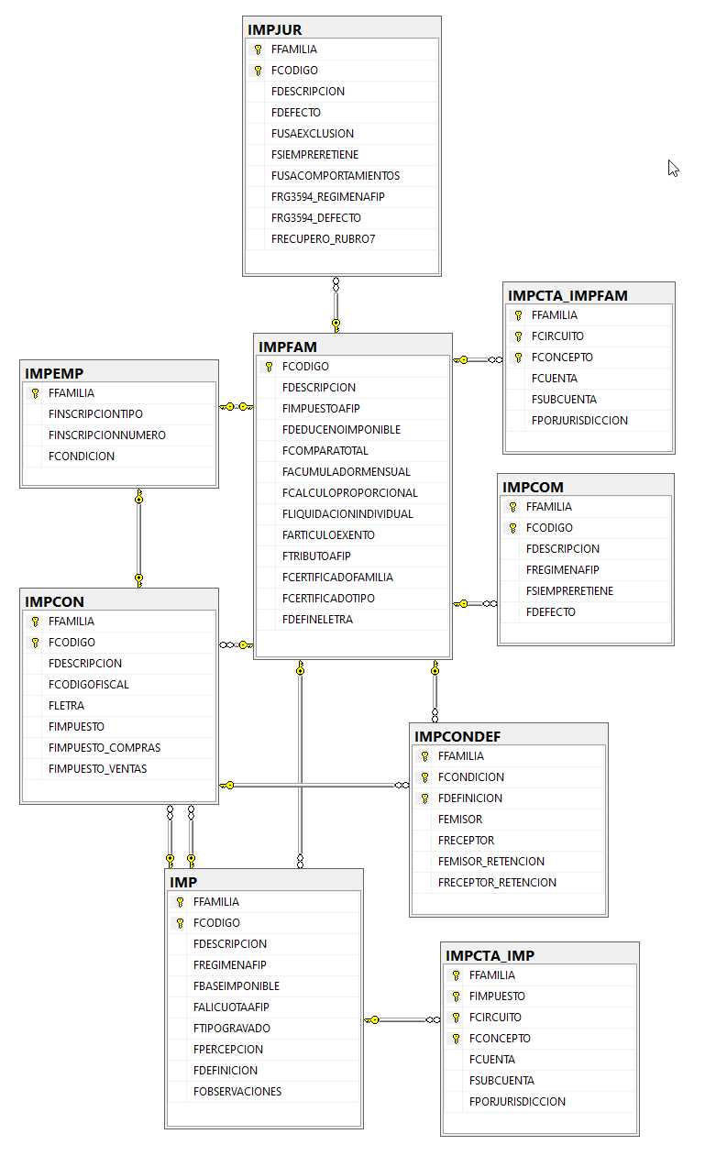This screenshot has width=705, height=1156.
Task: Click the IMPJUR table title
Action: [x=274, y=30]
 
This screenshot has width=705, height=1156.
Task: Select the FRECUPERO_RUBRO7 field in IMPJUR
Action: [x=323, y=239]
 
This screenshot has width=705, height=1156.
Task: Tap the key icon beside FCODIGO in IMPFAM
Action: [x=269, y=367]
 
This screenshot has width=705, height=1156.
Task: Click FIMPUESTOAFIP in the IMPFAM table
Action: [x=321, y=409]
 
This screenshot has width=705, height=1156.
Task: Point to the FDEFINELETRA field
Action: [x=317, y=620]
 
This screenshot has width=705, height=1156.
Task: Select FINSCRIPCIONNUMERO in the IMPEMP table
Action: [x=107, y=435]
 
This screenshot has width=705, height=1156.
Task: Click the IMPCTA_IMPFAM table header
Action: [x=567, y=296]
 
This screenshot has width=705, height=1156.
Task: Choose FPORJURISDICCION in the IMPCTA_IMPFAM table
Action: [x=579, y=421]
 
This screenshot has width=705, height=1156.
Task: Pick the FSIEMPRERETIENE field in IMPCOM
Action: [x=570, y=591]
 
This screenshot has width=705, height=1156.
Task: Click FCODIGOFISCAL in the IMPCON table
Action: [x=89, y=684]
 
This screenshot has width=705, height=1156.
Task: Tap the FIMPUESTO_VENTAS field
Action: [x=97, y=769]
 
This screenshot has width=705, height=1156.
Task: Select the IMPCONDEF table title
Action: [x=457, y=736]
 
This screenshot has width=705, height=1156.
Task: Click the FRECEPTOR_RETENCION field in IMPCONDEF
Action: [x=497, y=883]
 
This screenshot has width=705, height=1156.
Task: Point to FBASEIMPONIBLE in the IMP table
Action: [x=237, y=985]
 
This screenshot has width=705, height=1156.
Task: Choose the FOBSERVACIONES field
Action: [x=237, y=1092]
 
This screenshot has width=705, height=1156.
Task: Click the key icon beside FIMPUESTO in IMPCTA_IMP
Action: [x=456, y=996]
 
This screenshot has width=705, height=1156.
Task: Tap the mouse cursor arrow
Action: [x=673, y=169]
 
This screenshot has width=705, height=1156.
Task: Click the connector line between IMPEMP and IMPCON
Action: [x=138, y=538]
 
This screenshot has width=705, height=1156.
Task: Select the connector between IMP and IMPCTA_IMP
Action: [x=402, y=1019]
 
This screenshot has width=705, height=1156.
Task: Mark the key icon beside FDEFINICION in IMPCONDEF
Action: [x=424, y=798]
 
